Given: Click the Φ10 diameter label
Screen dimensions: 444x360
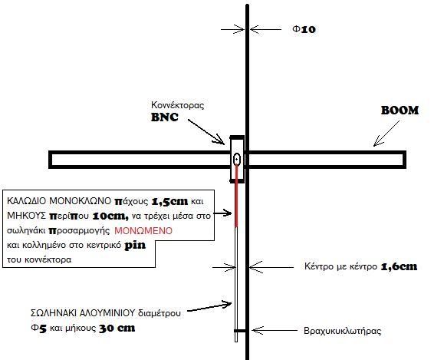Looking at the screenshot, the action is (304, 29).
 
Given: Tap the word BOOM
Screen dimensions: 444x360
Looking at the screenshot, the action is (400, 111).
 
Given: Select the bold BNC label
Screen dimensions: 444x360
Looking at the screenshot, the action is (165, 117).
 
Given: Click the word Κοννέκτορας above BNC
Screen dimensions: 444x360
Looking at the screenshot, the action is (178, 105).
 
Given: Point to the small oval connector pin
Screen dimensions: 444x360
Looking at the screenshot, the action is (237, 160).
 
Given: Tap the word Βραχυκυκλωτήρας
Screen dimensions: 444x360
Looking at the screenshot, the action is (342, 331).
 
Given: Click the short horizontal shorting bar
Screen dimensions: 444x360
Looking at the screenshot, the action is (240, 331).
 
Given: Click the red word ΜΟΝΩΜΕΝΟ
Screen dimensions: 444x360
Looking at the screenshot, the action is (143, 231).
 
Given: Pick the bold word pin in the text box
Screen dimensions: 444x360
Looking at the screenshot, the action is (135, 245).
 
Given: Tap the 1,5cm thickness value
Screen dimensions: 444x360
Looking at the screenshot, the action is (169, 201).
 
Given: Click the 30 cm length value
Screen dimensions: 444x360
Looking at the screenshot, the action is (117, 329).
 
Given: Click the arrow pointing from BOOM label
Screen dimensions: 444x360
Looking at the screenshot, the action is (386, 134).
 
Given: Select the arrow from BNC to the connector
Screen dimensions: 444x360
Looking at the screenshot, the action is (206, 132).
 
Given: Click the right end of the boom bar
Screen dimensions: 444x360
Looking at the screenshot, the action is (405, 160).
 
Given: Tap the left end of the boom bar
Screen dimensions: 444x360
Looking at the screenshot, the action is (51, 160).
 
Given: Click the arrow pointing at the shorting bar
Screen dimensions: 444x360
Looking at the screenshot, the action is (275, 330).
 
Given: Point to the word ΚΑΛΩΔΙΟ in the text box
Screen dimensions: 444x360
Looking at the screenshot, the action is (26, 201).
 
